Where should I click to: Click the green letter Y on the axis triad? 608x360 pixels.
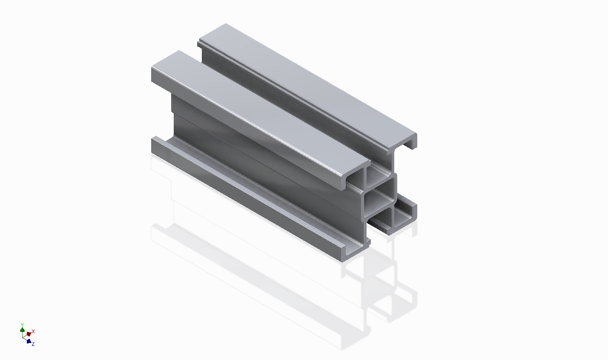click(x=22, y=325)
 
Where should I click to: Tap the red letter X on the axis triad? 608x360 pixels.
click(x=33, y=331)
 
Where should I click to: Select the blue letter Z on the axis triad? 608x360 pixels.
click(x=33, y=344)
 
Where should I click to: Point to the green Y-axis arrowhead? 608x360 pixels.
click(x=22, y=330)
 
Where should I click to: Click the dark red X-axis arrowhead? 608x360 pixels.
click(x=29, y=334)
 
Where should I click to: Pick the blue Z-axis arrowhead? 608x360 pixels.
click(x=29, y=341)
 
